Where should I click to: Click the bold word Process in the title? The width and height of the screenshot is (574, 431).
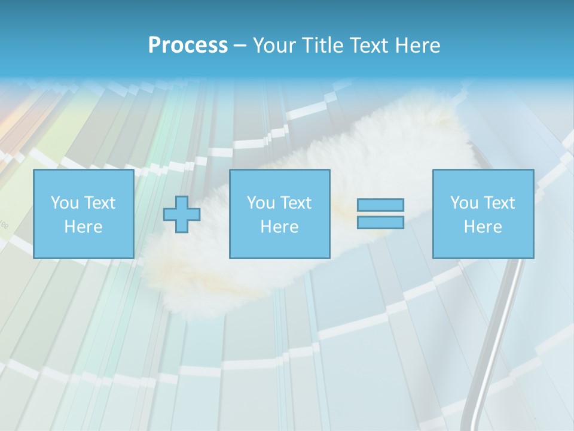tap(188, 45)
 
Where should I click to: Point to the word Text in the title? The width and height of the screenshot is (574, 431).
tap(368, 45)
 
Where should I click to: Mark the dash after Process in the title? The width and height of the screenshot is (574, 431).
tap(240, 46)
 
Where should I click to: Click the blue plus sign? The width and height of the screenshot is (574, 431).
tap(182, 214)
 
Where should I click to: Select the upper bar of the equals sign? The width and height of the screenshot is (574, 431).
tap(380, 205)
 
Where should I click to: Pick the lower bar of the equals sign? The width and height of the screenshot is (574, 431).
tap(380, 223)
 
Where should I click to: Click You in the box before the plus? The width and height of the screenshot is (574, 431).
tap(65, 203)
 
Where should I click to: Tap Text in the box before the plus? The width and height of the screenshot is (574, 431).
tap(99, 203)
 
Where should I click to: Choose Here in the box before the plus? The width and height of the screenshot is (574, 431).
tap(83, 227)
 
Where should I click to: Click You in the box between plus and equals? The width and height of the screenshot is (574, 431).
tap(261, 203)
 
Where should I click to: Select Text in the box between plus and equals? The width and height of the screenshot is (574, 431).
tap(295, 203)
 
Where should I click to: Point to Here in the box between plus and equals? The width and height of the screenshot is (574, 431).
tap(279, 227)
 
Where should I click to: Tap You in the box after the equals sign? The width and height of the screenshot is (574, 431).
tap(464, 203)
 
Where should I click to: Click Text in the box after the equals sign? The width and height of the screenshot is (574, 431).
tap(499, 203)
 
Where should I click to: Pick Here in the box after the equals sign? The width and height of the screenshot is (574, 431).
tap(483, 227)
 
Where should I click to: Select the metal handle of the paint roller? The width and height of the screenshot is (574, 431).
tap(490, 347)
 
